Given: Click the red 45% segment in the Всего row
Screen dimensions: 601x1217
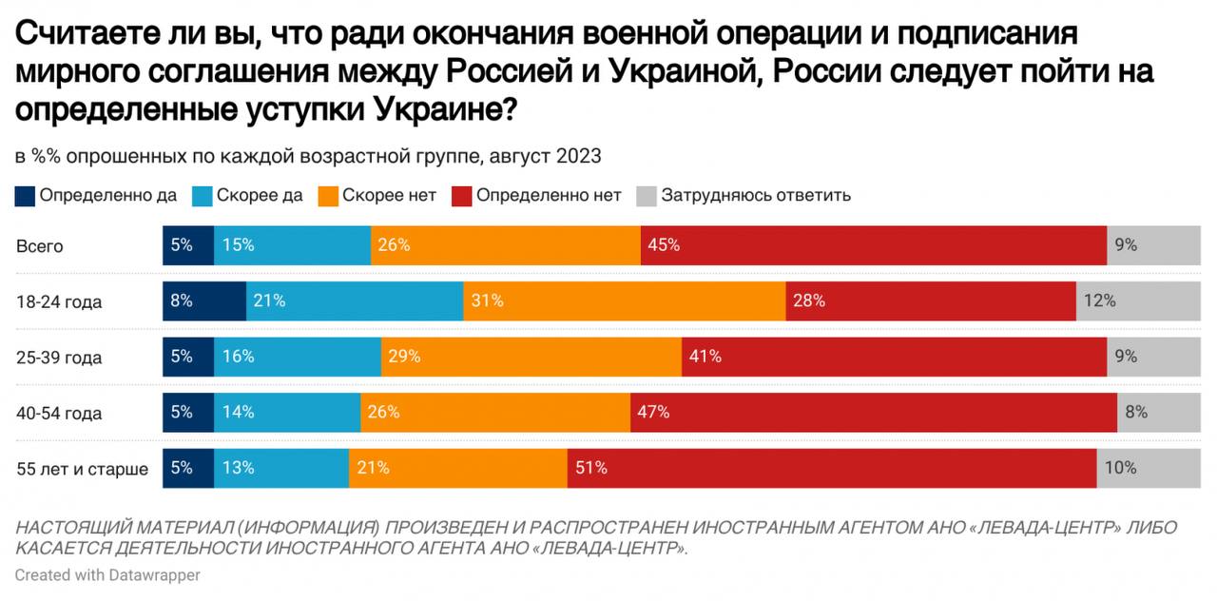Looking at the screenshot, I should coord(874,245).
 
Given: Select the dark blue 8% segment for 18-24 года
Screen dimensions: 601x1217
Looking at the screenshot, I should coord(204,300).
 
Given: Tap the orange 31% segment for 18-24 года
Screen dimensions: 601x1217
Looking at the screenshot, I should coord(625,300).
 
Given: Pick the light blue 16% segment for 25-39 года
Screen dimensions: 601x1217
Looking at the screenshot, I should coord(298,357).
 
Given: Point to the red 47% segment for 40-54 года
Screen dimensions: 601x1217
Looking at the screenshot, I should coord(874,413).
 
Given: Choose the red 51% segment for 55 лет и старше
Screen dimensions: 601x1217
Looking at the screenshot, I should coord(832,468).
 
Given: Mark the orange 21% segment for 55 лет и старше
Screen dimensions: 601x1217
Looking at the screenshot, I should coord(458,468).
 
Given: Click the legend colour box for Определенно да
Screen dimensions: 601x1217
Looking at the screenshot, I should coord(25,196).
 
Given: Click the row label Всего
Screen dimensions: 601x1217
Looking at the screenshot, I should coord(39,246).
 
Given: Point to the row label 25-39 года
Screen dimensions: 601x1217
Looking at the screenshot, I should coord(58,358).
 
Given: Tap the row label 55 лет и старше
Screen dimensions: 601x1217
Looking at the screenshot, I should coord(82,469).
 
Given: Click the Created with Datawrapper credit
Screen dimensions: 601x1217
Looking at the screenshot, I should coord(107,575).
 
